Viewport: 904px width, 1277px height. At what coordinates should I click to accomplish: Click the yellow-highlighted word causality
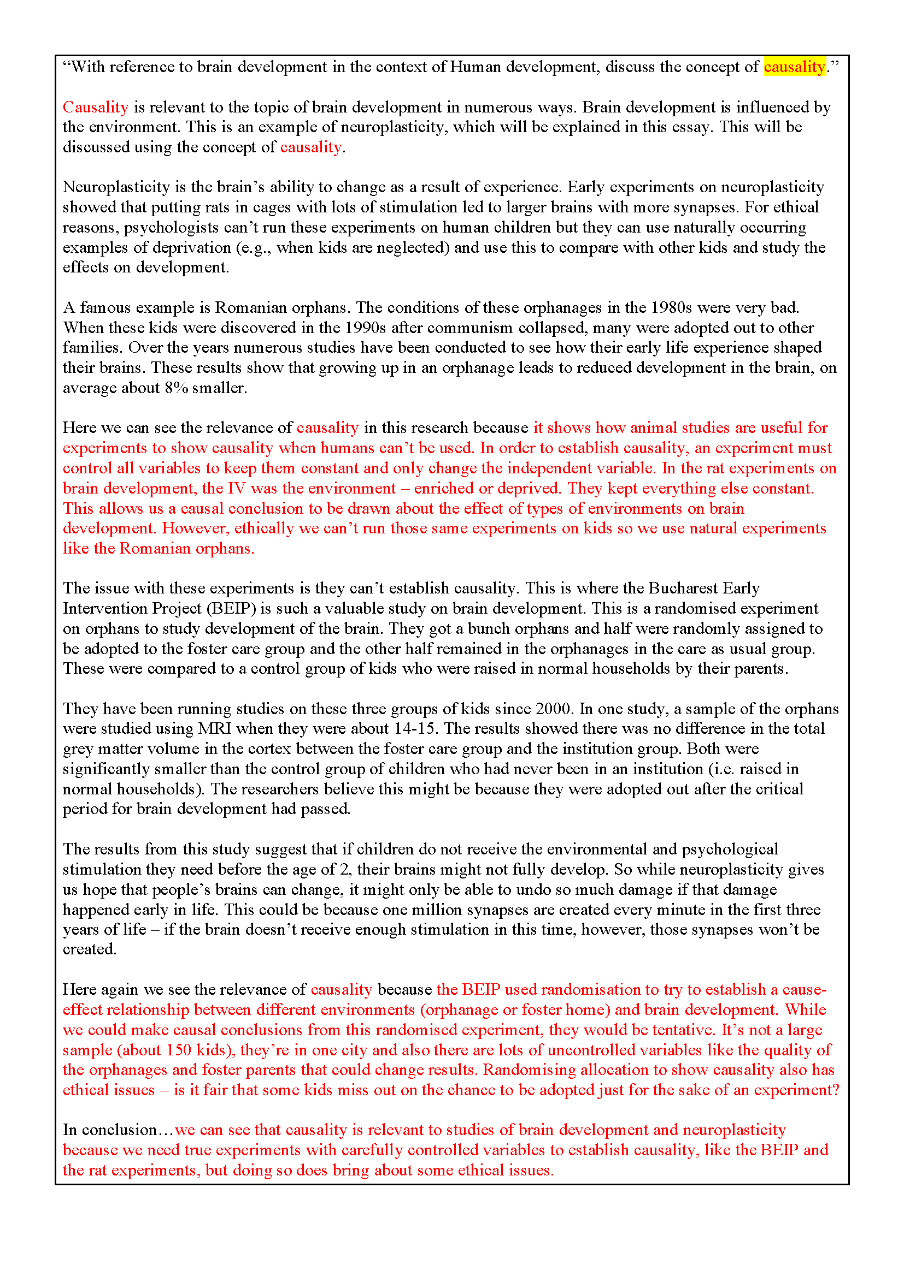pyautogui.click(x=794, y=67)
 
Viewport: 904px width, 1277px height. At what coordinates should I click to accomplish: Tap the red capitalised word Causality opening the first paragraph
pyautogui.click(x=96, y=108)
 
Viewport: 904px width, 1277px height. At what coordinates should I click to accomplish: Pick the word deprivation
pyautogui.click(x=191, y=247)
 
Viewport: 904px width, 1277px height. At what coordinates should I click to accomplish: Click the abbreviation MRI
pyautogui.click(x=214, y=729)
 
